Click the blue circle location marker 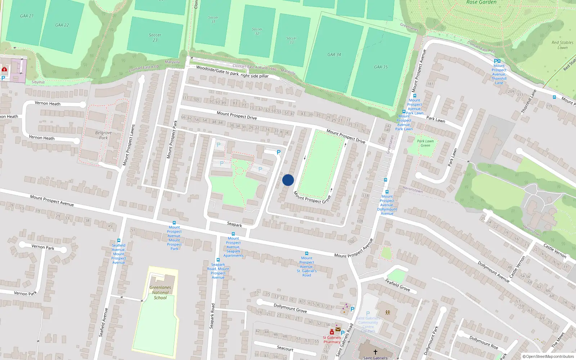[288, 180]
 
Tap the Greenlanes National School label [160, 292]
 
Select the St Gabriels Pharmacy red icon [332, 332]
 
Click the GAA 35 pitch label [381, 67]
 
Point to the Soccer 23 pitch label [155, 37]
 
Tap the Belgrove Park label [103, 135]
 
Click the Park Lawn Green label [425, 143]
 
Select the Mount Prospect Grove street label [312, 197]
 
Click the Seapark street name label [234, 224]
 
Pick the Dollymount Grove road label [290, 308]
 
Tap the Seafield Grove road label [397, 284]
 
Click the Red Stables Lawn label [562, 45]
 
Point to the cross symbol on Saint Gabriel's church [375, 352]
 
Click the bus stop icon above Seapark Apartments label [233, 234]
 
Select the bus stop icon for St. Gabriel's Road [307, 253]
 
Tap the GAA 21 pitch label [27, 16]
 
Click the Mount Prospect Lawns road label [129, 145]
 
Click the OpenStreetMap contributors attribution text [548, 357]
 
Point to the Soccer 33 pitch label [292, 40]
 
